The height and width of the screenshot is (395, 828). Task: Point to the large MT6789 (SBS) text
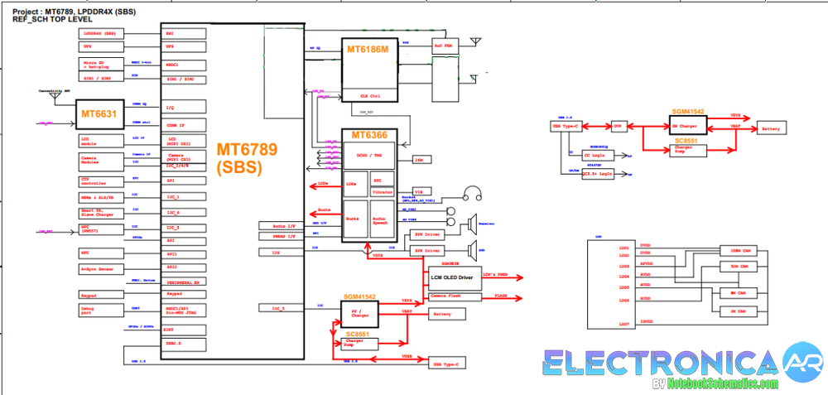point(248,157)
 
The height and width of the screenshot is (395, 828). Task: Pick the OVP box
point(618,126)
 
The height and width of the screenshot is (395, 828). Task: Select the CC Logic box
point(594,154)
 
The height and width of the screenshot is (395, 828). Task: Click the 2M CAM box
point(734,310)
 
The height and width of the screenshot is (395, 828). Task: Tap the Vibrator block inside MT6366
point(383,191)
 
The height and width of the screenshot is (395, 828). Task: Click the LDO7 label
point(623,324)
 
